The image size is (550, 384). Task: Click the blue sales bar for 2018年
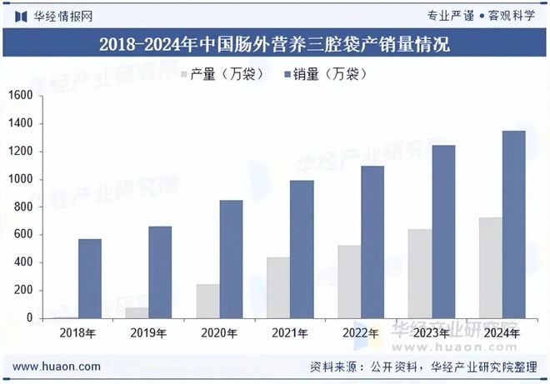(x=90, y=278)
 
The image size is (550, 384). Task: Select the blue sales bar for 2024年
(x=513, y=224)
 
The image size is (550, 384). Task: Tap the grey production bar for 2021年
(x=277, y=287)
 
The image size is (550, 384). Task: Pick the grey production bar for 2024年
(x=489, y=267)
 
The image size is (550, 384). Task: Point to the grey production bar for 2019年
(x=137, y=312)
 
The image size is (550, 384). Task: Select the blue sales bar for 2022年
(x=372, y=242)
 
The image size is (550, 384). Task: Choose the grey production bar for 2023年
(x=419, y=273)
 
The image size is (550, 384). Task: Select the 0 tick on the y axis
(x=29, y=317)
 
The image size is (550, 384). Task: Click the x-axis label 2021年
(x=290, y=332)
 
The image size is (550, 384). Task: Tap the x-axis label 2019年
(x=148, y=332)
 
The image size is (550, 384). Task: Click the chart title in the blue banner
(x=275, y=44)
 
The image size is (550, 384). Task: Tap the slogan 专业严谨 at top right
(x=450, y=15)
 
